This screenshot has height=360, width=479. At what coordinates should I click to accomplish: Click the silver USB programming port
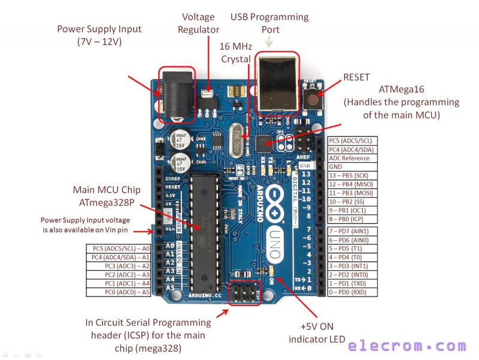coord(276,83)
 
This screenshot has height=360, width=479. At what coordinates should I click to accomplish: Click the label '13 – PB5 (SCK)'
coord(357,176)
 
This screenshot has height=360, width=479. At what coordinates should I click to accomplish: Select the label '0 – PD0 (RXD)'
coord(357,292)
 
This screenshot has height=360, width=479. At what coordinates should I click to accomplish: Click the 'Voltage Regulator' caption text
coord(199,23)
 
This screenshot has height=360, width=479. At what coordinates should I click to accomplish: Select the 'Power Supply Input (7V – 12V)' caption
coord(99,35)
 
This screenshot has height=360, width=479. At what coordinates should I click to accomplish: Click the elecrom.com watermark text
coord(407,346)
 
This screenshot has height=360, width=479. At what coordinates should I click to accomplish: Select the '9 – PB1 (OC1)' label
coord(357,211)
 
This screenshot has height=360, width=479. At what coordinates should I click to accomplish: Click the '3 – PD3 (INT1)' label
coord(357,265)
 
